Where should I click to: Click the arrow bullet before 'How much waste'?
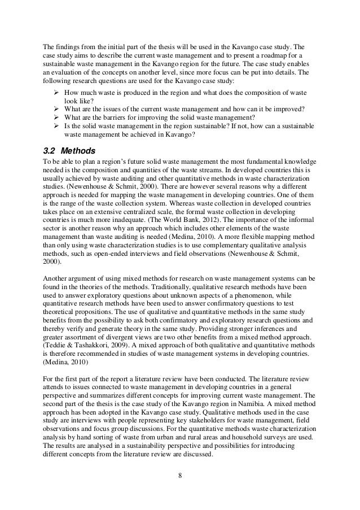(56, 91)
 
